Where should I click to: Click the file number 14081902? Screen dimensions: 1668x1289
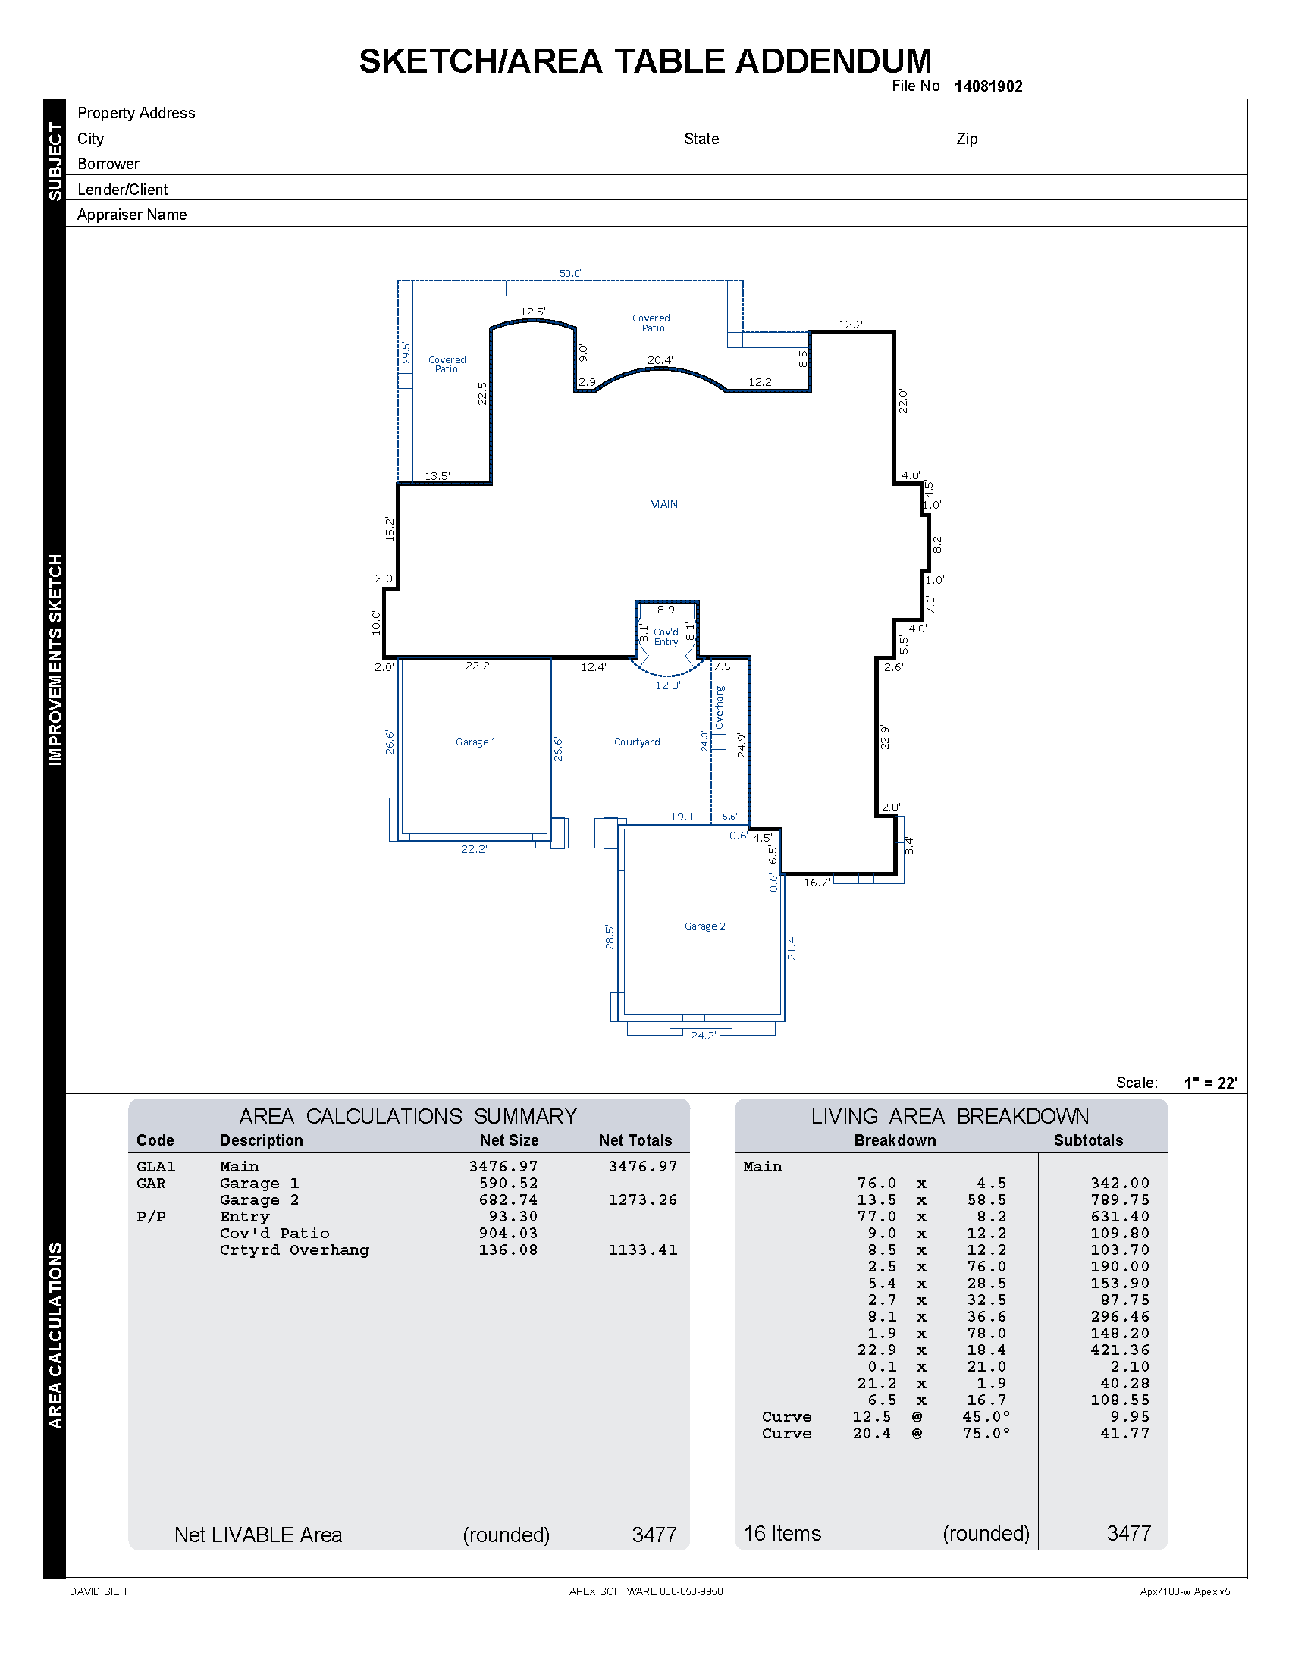tap(987, 86)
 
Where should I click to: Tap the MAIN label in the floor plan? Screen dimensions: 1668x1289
tap(663, 504)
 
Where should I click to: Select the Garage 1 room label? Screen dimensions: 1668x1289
tap(475, 742)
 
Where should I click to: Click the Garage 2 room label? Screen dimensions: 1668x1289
tap(705, 926)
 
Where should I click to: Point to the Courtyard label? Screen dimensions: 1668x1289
tap(637, 742)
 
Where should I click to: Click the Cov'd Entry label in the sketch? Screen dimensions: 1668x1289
tap(666, 637)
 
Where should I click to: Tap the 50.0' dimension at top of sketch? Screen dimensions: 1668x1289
tap(569, 274)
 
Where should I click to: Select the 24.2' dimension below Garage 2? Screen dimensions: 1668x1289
tap(703, 1036)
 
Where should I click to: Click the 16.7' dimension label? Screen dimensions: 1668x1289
tap(817, 882)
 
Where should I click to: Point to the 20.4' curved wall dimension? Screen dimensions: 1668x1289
tap(660, 359)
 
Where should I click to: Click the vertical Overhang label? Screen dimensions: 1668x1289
tap(720, 707)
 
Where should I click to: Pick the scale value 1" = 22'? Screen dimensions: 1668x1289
tap(1210, 1083)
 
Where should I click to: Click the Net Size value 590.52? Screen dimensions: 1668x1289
tap(508, 1183)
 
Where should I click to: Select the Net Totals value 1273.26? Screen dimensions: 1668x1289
tap(642, 1200)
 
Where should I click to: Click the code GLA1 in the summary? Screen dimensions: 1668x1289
tap(155, 1166)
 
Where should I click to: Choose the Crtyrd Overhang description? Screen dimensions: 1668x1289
tap(294, 1250)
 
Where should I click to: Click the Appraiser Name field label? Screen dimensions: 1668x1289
tap(131, 215)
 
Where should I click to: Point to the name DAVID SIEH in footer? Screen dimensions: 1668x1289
tap(98, 1591)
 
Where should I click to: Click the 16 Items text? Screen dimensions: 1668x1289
tap(782, 1534)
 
